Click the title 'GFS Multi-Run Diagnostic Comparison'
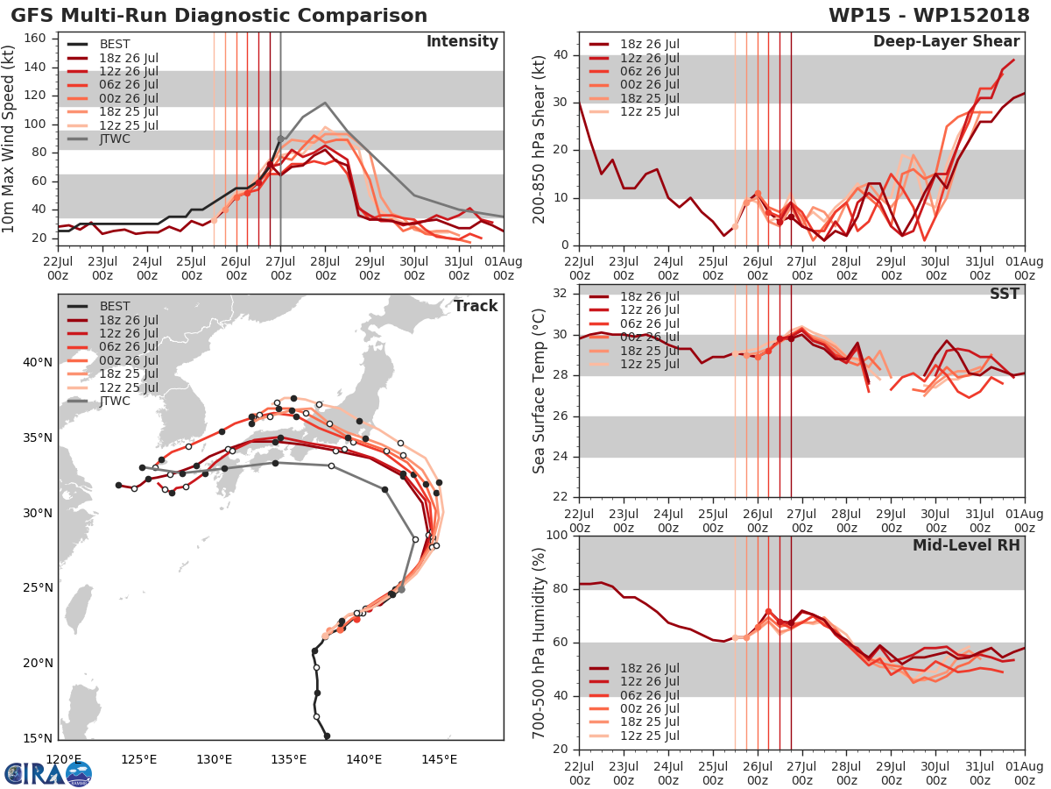219,16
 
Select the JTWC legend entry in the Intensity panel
115,139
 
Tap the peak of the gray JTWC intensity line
325,103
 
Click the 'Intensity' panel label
462,42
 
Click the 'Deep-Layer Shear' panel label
946,42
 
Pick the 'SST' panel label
1003,294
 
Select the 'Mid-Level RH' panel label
966,545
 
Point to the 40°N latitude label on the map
38,363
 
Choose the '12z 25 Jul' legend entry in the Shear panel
648,111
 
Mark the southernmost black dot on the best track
327,736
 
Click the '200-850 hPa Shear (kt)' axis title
540,139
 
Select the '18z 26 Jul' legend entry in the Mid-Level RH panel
648,668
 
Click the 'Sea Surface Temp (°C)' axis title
540,390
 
